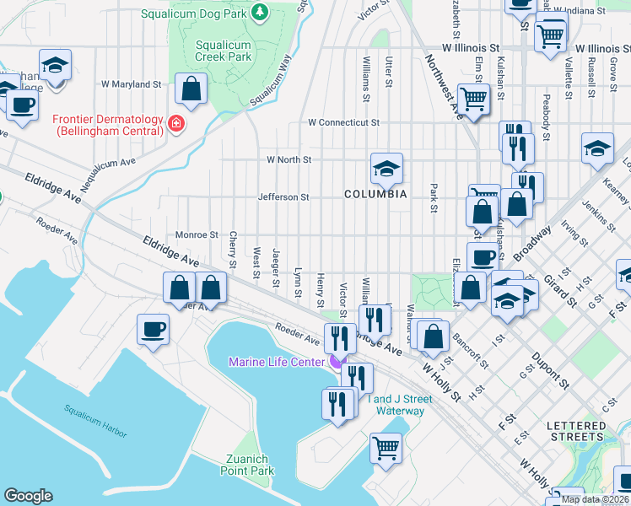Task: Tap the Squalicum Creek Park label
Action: (x=224, y=51)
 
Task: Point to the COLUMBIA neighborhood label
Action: (x=375, y=194)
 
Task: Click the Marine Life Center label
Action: (x=277, y=362)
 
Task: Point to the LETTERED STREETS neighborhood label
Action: (x=576, y=431)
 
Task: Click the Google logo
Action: (x=28, y=496)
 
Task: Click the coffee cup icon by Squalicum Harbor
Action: (x=154, y=329)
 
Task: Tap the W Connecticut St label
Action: (x=343, y=122)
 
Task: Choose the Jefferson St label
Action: (x=283, y=197)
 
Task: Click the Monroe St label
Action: (x=197, y=235)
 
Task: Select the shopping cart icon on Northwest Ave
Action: (x=473, y=100)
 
